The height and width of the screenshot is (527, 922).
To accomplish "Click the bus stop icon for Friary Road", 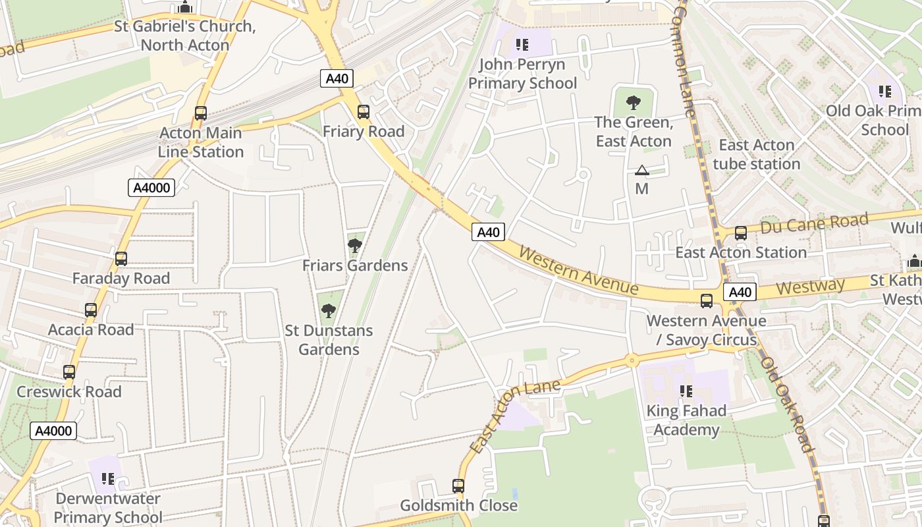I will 364,112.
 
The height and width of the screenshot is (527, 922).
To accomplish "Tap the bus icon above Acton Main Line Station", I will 201,113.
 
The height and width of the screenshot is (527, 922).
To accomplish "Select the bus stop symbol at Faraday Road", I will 121,259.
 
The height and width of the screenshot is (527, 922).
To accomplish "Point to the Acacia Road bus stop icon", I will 91,310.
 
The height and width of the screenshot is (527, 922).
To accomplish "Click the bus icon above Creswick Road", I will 69,372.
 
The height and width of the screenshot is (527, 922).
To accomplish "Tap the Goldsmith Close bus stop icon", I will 458,487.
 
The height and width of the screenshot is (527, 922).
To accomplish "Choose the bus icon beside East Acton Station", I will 741,233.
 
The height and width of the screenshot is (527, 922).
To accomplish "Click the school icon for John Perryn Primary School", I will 522,45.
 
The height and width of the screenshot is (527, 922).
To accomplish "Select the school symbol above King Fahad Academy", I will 686,391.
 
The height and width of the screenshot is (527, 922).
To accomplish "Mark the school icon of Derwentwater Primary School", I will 108,479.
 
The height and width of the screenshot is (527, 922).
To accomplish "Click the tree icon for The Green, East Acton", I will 634,103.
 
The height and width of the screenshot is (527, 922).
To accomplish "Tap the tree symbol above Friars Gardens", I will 355,246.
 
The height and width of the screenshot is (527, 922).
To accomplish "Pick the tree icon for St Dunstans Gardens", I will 328,311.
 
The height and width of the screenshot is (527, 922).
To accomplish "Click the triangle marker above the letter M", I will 642,171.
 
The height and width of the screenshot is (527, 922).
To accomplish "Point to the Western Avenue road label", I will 578,270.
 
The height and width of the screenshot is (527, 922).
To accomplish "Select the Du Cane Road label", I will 814,225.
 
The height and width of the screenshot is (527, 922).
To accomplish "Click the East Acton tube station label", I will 756,154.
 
